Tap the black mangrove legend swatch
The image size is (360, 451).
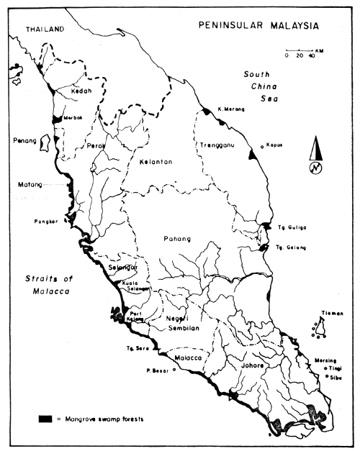[x=46, y=418]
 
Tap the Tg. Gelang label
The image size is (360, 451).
[x=292, y=247]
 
